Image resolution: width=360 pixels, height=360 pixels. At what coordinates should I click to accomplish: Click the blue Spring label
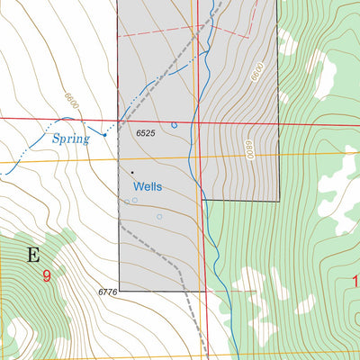[70, 139]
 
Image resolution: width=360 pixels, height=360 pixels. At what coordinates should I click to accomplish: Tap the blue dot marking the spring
[103, 135]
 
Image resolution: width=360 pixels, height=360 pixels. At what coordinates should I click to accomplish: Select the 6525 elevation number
[147, 134]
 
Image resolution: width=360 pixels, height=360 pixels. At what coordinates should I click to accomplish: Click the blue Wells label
[147, 186]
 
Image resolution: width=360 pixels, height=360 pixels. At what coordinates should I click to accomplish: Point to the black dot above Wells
[131, 172]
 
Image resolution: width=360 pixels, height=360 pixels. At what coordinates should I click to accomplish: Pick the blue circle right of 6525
[175, 125]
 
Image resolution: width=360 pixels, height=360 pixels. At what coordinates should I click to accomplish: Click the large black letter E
[33, 255]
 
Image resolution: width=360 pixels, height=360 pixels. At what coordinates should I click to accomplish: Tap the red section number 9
[46, 277]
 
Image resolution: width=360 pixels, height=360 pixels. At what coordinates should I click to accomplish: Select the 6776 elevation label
[107, 292]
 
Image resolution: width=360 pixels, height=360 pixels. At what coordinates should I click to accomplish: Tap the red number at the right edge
[355, 282]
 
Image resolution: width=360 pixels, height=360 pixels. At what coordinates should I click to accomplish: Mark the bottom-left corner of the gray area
[119, 291]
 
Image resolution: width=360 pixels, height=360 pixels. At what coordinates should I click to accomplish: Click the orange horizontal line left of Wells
[54, 161]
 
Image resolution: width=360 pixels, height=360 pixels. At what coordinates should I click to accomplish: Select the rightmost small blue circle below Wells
[159, 217]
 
